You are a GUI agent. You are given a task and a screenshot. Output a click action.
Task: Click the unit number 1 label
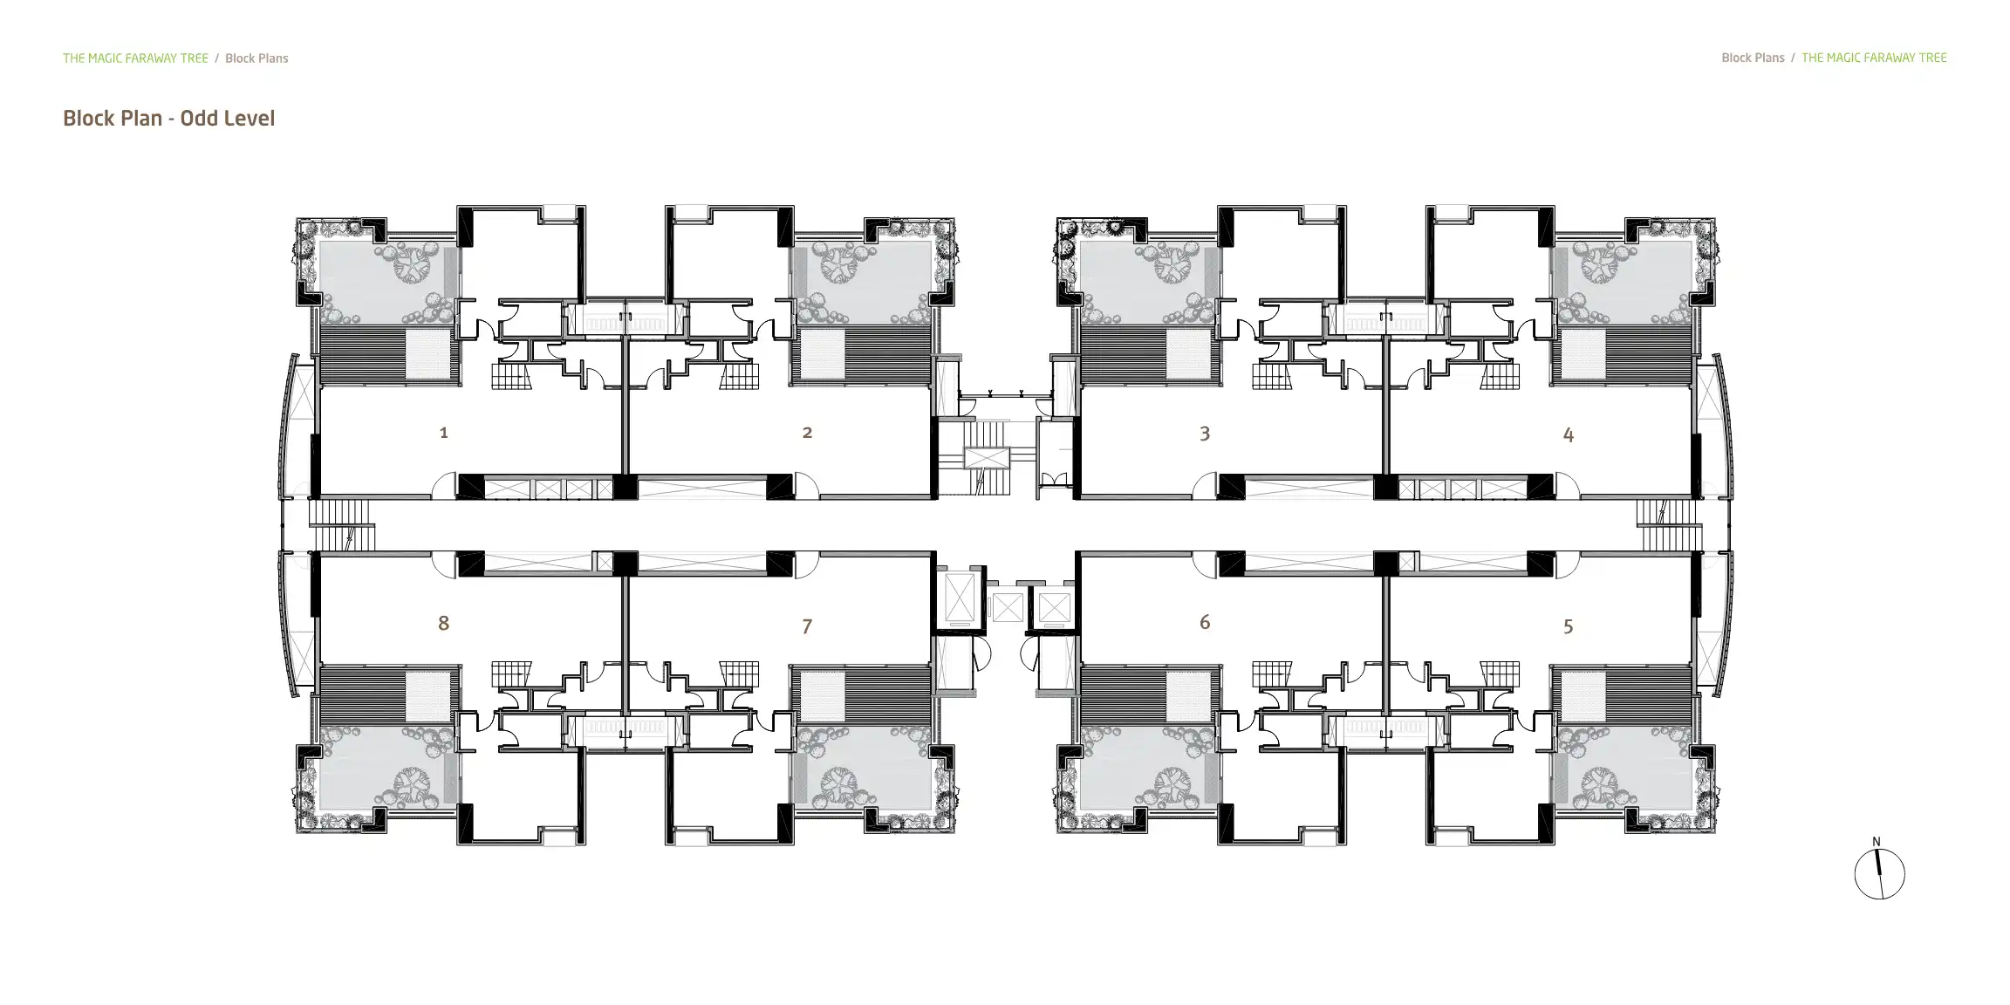click(444, 433)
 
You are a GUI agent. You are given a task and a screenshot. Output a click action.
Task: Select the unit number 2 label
click(807, 433)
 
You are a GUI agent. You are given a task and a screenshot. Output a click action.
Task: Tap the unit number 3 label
click(1205, 434)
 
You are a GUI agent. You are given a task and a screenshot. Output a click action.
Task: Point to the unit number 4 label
click(1568, 434)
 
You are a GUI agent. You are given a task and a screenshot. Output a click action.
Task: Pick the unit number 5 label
click(1568, 626)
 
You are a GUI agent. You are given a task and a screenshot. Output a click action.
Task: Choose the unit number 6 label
click(1205, 622)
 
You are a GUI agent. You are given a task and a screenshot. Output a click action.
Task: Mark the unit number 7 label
click(807, 626)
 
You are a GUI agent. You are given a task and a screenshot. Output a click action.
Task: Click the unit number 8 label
click(444, 623)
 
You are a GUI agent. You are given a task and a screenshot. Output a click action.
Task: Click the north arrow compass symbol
click(1879, 874)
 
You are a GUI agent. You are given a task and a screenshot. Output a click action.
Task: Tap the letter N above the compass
click(1877, 842)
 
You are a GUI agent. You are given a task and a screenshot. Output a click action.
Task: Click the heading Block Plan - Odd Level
click(168, 119)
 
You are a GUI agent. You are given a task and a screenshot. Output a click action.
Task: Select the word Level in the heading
click(251, 119)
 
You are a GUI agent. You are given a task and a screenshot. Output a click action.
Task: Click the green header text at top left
click(135, 58)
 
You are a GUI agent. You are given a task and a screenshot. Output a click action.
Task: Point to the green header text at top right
click(1874, 58)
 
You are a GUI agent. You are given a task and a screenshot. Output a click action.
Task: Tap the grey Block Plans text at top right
click(1753, 58)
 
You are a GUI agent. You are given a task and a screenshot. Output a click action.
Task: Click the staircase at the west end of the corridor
click(342, 524)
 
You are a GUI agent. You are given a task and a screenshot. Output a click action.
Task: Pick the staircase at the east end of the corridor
click(1668, 524)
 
